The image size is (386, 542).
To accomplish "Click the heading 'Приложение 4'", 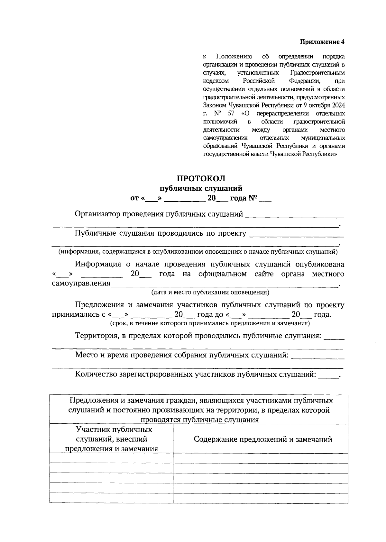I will (x=322, y=42).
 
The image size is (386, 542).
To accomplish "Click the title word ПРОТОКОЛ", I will (x=201, y=178).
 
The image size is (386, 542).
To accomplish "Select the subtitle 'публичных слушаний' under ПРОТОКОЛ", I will (x=201, y=188).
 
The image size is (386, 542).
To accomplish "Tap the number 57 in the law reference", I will (x=231, y=113).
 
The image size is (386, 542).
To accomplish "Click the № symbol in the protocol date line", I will (x=253, y=198).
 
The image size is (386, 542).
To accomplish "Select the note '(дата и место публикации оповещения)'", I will (x=210, y=293).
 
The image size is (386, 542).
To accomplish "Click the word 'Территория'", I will (x=96, y=336).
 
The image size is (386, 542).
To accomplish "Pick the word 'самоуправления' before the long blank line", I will (x=81, y=284).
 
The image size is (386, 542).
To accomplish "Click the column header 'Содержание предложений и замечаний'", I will (x=262, y=439).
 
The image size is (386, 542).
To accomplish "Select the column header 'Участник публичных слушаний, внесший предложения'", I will (x=111, y=439).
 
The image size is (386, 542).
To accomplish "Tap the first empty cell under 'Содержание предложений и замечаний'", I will (x=260, y=458).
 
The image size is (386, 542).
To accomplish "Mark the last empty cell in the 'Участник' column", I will (x=111, y=498).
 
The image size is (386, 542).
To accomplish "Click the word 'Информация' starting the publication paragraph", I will (x=98, y=264).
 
